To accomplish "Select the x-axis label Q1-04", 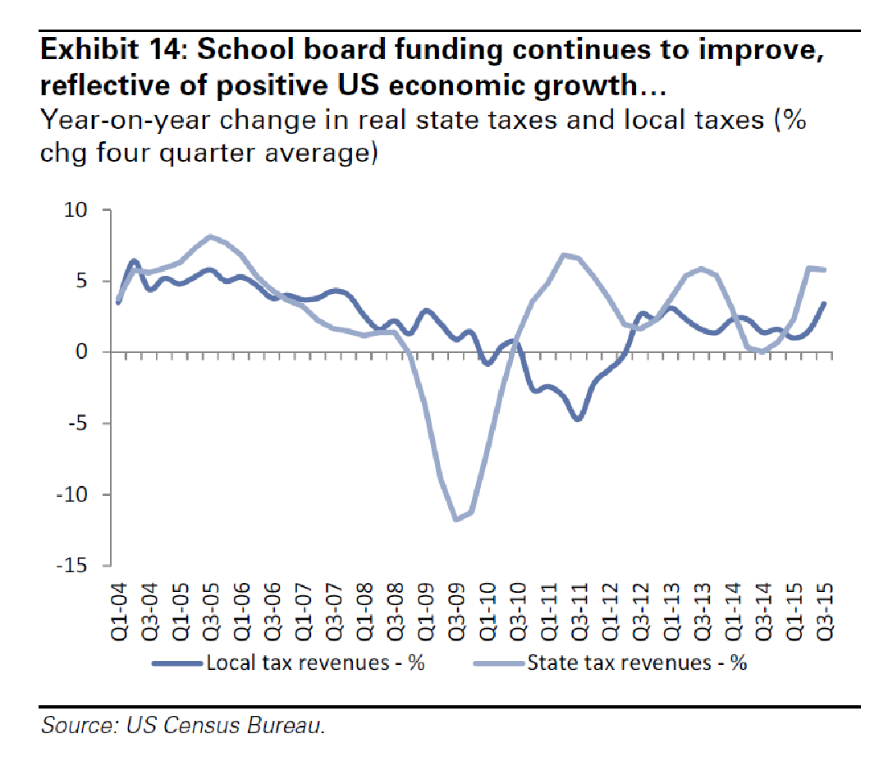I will click(x=120, y=606).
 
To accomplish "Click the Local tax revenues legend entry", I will click(x=316, y=663).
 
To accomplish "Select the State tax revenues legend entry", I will click(x=637, y=663).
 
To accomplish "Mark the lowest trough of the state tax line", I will click(x=456, y=520).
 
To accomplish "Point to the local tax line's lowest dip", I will click(x=579, y=419).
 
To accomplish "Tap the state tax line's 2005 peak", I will click(x=211, y=236).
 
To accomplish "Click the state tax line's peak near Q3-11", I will click(x=564, y=255).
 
